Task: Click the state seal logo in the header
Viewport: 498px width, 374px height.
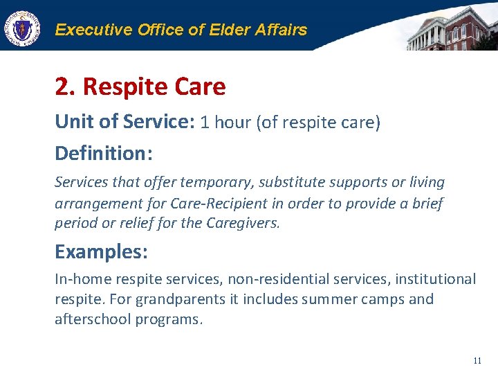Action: point(22,28)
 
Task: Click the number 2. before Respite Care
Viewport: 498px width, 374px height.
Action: point(66,87)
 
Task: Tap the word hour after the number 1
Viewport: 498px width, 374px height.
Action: point(233,123)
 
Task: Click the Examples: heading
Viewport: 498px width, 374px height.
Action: point(101,251)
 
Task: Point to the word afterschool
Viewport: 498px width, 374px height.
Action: point(93,321)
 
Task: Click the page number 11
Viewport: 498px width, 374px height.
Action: point(477,361)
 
